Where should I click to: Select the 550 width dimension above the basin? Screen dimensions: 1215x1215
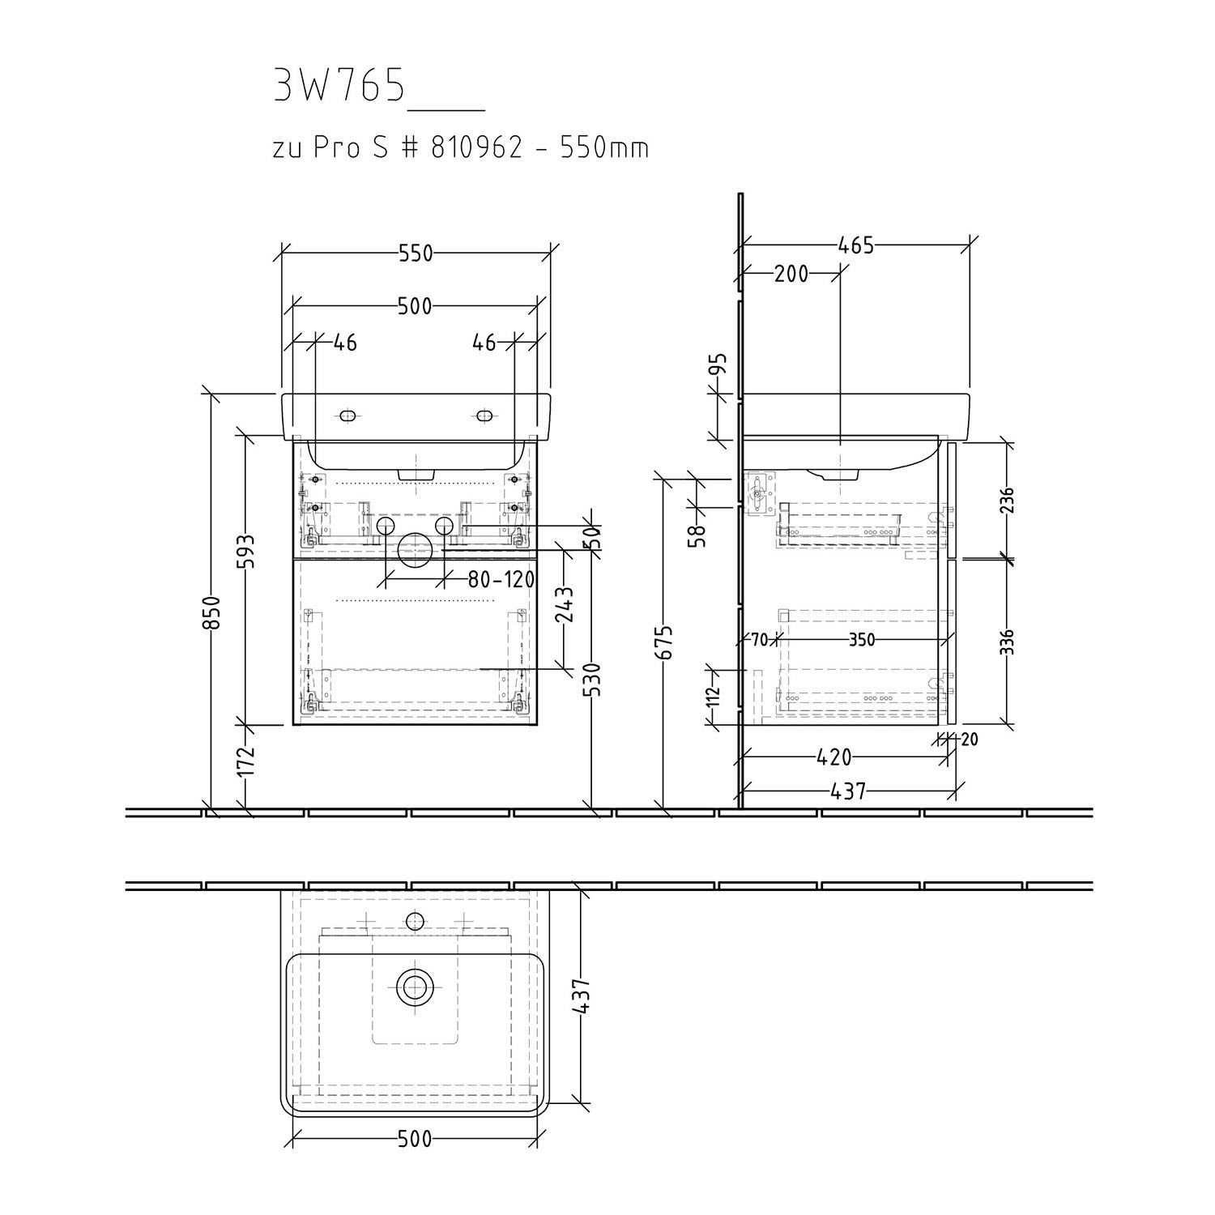(416, 254)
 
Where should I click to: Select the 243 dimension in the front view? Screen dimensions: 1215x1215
(565, 603)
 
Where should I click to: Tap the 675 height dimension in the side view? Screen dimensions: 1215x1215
(664, 643)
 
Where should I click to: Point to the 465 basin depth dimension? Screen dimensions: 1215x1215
(855, 245)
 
